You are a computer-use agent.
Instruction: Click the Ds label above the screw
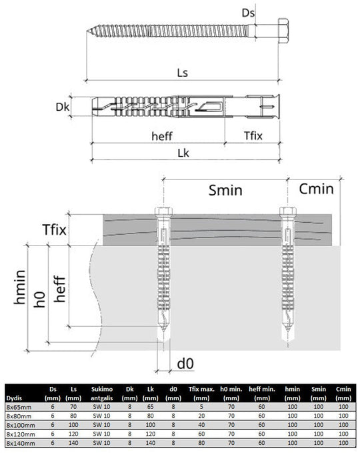click(248, 13)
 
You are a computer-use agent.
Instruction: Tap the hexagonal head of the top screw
click(283, 31)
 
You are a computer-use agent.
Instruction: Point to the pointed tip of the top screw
click(87, 31)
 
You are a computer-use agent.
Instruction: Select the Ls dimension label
click(183, 73)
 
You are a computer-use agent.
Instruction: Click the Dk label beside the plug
click(63, 107)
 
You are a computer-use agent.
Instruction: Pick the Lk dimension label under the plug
click(183, 153)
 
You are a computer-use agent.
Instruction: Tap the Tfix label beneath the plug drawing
click(253, 136)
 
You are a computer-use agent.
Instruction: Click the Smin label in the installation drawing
click(225, 190)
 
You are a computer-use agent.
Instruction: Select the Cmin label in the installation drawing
click(317, 189)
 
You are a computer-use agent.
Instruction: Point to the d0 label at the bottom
click(185, 364)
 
